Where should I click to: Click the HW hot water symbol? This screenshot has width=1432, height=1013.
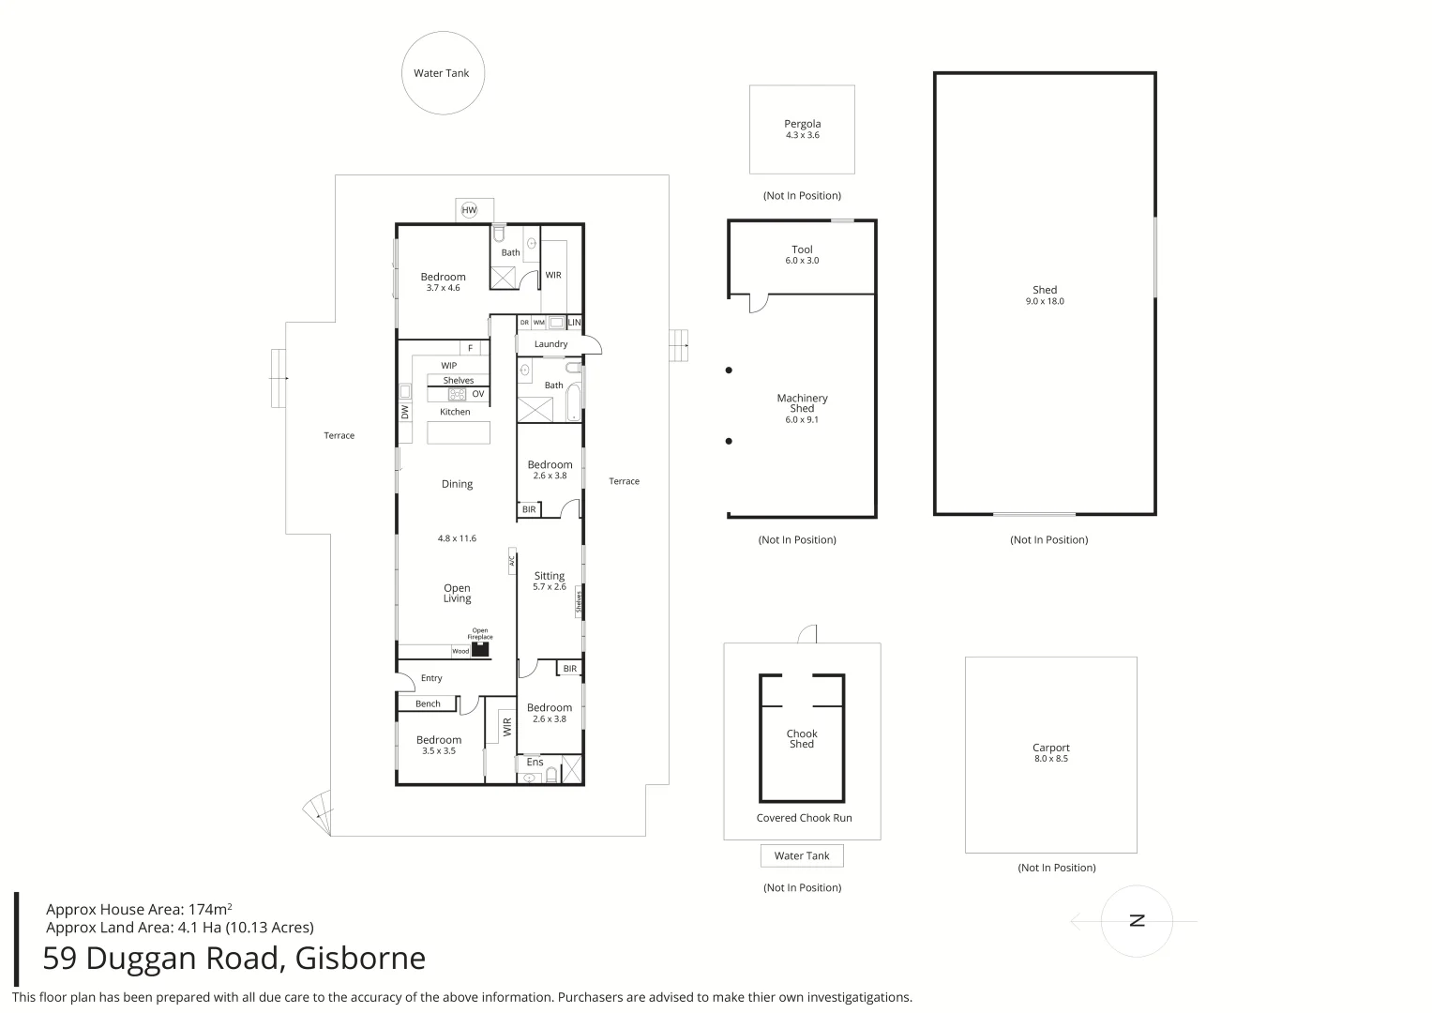pyautogui.click(x=469, y=210)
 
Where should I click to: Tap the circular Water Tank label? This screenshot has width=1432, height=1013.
pyautogui.click(x=441, y=73)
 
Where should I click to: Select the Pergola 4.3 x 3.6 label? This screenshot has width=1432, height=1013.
pyautogui.click(x=803, y=129)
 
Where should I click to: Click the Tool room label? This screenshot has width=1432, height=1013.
pyautogui.click(x=803, y=249)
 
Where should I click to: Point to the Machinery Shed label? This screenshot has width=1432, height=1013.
pyautogui.click(x=803, y=403)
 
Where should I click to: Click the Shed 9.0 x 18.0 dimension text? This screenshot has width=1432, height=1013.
pyautogui.click(x=1045, y=301)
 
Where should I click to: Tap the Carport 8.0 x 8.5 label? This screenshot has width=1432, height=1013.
pyautogui.click(x=1051, y=752)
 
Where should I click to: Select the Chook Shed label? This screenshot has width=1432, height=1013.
pyautogui.click(x=802, y=739)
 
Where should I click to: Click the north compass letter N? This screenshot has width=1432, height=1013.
pyautogui.click(x=1137, y=921)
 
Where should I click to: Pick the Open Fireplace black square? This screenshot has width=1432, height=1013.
pyautogui.click(x=480, y=649)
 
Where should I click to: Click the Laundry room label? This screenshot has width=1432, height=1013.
pyautogui.click(x=550, y=344)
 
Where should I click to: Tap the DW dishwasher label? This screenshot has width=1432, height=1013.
pyautogui.click(x=405, y=412)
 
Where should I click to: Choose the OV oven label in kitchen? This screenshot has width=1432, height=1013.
pyautogui.click(x=478, y=394)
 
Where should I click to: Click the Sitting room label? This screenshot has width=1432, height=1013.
pyautogui.click(x=550, y=576)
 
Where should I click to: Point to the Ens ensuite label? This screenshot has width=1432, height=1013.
pyautogui.click(x=535, y=762)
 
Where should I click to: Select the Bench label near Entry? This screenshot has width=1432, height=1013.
pyautogui.click(x=428, y=703)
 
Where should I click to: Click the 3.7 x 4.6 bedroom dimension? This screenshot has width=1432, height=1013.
pyautogui.click(x=443, y=288)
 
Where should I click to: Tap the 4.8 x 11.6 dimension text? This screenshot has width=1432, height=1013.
pyautogui.click(x=457, y=538)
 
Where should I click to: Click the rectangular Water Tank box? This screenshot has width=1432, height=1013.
pyautogui.click(x=802, y=855)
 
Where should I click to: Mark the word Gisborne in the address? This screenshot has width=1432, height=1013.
pyautogui.click(x=360, y=958)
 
